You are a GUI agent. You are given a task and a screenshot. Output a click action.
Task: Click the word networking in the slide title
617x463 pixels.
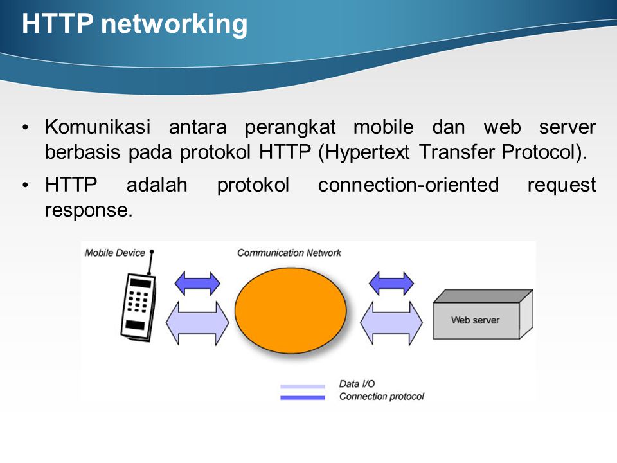174,24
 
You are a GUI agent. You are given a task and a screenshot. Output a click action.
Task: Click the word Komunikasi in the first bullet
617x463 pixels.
98,127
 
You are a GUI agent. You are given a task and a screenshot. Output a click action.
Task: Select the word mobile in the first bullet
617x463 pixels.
383,127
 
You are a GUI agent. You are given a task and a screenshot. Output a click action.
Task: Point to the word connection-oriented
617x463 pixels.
409,185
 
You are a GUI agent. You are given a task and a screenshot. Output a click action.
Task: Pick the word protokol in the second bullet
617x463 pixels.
253,185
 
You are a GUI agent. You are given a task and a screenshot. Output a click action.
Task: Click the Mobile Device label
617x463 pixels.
115,253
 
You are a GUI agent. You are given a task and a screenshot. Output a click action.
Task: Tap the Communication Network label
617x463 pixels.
289,253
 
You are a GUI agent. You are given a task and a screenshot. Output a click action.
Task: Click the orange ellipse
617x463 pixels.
291,310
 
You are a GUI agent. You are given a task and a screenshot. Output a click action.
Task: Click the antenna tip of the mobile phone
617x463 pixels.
152,251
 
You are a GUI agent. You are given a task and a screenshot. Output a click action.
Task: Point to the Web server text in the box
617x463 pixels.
476,320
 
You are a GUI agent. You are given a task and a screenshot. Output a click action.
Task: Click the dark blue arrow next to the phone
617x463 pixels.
197,283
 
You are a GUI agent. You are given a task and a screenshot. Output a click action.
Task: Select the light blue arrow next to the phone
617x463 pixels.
197,323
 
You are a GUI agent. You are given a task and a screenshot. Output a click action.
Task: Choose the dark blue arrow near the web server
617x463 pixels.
391,283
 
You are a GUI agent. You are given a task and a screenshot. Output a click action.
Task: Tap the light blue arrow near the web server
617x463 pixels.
391,323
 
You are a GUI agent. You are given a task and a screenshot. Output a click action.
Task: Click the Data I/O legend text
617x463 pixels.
357,384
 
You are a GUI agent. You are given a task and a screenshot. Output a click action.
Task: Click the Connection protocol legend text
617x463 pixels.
382,397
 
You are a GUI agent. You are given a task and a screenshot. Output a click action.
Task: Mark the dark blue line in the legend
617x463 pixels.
303,397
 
